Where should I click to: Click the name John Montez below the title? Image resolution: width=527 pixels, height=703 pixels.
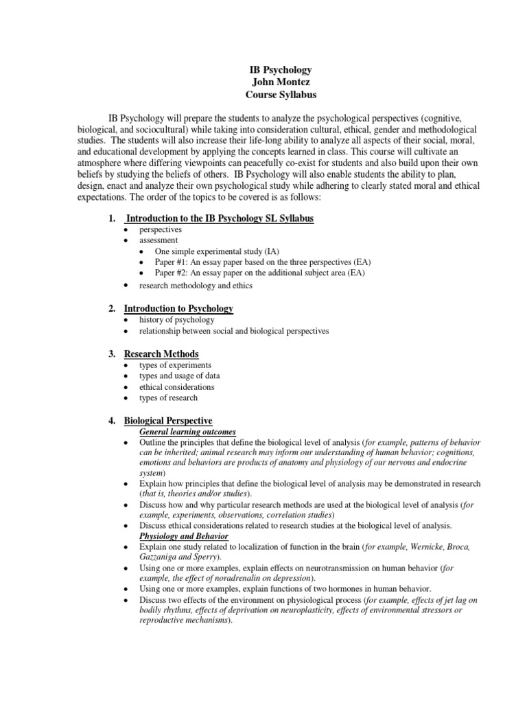(x=279, y=82)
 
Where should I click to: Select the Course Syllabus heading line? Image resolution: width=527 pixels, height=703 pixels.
(x=279, y=95)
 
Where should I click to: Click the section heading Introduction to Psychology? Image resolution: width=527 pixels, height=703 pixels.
(x=178, y=309)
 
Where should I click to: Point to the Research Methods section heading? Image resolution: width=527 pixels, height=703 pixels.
(x=161, y=354)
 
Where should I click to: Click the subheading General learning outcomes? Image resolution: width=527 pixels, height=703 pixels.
(x=188, y=432)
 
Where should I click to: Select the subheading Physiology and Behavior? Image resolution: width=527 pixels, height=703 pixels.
(x=184, y=535)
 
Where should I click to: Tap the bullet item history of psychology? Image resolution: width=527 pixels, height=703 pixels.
(x=177, y=320)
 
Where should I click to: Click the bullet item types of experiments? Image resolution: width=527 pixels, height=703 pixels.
(x=176, y=365)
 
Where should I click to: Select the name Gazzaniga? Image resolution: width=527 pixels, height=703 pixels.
(x=161, y=557)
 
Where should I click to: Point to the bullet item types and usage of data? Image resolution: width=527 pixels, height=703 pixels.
(x=180, y=376)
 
